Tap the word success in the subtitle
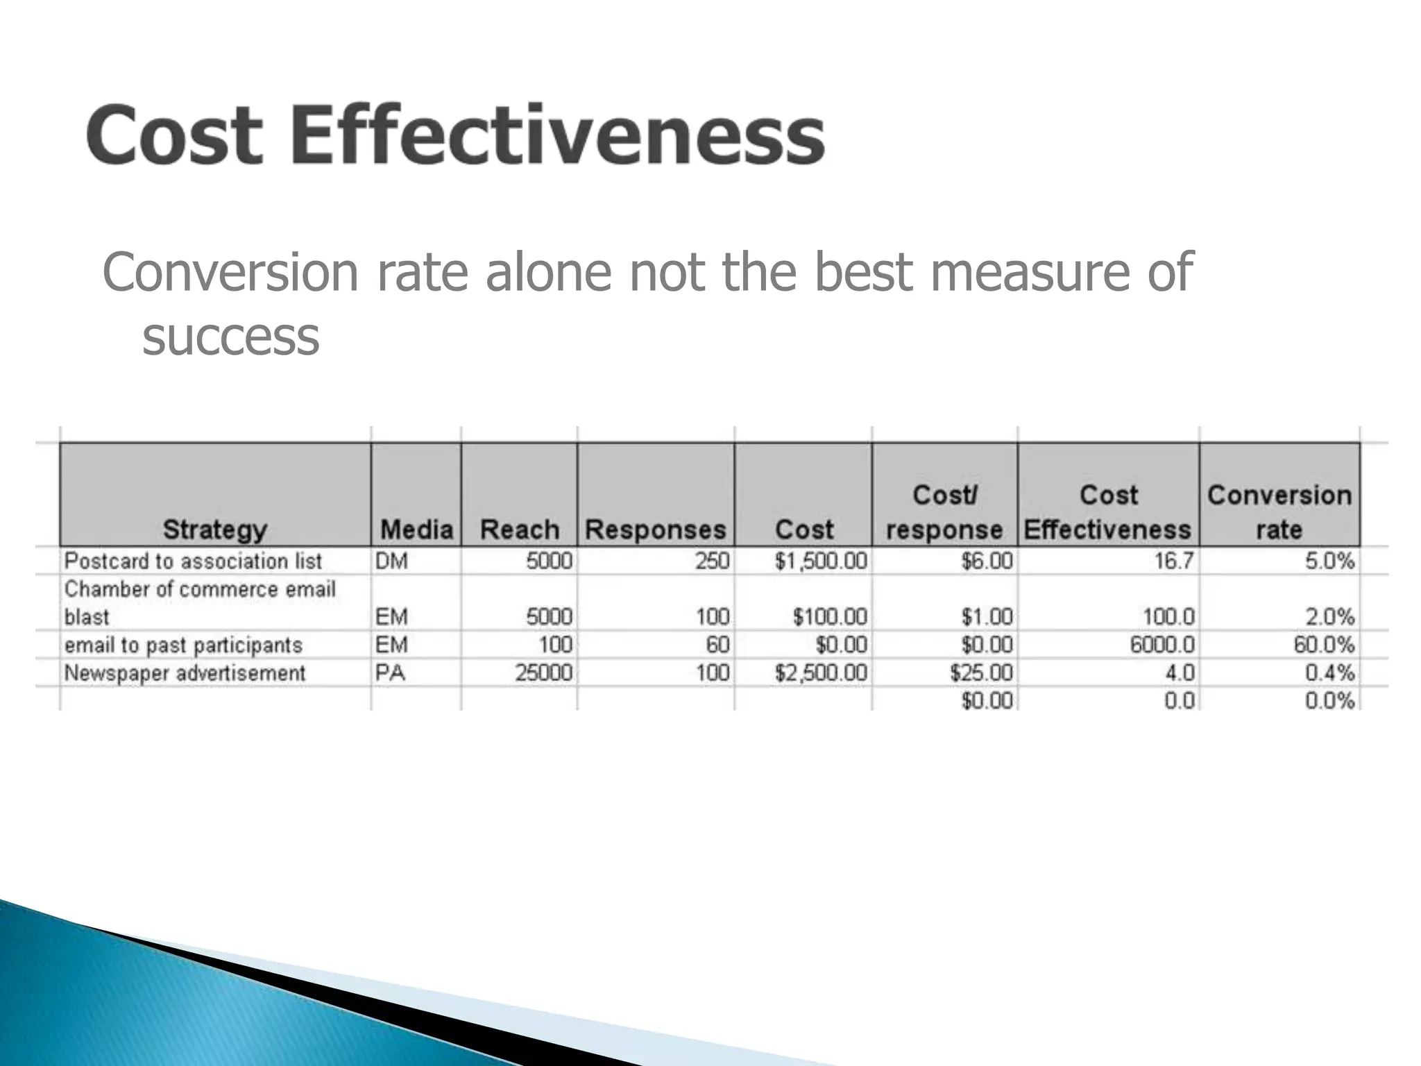coord(230,337)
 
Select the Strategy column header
coord(214,530)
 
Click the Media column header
coord(416,530)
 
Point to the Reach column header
coord(519,530)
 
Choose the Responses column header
coord(655,530)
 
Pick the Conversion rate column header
coord(1279,512)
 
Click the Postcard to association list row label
coord(193,561)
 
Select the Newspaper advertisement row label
coord(185,672)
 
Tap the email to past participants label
coord(183,645)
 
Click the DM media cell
coord(391,561)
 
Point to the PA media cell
coord(390,672)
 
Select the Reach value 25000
coord(543,672)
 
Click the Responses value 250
coord(712,561)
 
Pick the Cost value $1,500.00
coord(821,561)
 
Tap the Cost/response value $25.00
coord(981,672)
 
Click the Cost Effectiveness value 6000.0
coord(1162,645)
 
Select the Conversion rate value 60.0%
coord(1323,645)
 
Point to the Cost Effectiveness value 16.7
coord(1174,561)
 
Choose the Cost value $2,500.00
coord(821,672)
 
